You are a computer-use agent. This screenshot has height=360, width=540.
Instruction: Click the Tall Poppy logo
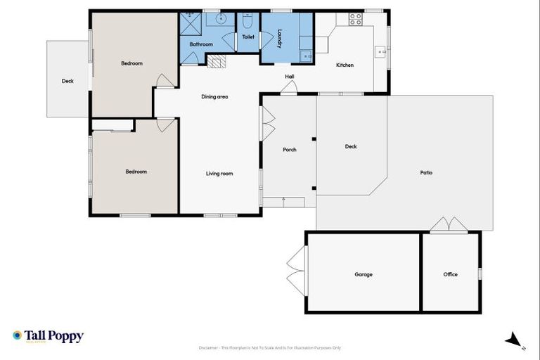pyautogui.click(x=48, y=336)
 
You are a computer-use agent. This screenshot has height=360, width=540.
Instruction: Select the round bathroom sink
pyautogui.click(x=220, y=19)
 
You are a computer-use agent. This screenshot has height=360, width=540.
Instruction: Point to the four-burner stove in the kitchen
pyautogui.click(x=356, y=19)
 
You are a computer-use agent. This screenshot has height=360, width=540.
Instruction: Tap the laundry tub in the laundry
pyautogui.click(x=307, y=55)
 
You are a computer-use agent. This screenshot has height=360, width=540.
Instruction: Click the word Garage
pyautogui.click(x=364, y=274)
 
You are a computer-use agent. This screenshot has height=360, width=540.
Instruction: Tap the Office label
pyautogui.click(x=450, y=274)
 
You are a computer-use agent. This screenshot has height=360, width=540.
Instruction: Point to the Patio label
pyautogui.click(x=426, y=172)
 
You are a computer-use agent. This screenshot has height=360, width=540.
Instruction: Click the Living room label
pyautogui.click(x=219, y=173)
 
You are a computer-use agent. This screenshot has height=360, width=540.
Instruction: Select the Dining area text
pyautogui.click(x=214, y=97)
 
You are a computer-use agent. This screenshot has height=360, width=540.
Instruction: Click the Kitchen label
pyautogui.click(x=345, y=65)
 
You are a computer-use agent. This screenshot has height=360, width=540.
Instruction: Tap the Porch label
pyautogui.click(x=289, y=150)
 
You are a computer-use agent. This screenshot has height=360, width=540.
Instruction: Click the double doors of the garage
pyautogui.click(x=296, y=271)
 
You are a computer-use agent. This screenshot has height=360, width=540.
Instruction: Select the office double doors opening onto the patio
pyautogui.click(x=449, y=224)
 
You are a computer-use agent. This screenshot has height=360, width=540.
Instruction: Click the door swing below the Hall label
pyautogui.click(x=289, y=87)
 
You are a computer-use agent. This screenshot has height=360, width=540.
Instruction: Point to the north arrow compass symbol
pyautogui.click(x=515, y=340)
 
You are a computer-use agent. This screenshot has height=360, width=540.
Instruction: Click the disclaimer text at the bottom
pyautogui.click(x=270, y=347)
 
